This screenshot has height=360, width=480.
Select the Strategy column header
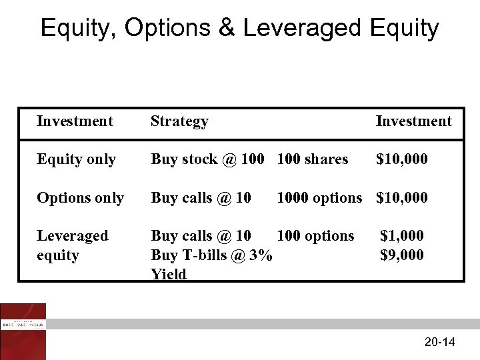[179, 121]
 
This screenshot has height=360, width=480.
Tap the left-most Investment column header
[75, 121]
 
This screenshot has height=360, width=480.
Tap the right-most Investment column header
[413, 121]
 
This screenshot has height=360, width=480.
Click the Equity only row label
[76, 159]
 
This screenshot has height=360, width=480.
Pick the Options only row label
[80, 198]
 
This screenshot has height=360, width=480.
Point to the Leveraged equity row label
[72, 245]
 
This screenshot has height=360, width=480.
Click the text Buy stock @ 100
[207, 159]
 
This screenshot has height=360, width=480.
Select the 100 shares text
[312, 159]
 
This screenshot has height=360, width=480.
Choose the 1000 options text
[319, 198]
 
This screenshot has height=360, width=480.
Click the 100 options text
[315, 236]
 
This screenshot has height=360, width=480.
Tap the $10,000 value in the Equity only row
[402, 159]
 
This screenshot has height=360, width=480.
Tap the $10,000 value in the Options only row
[402, 198]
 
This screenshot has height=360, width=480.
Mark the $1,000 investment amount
[402, 236]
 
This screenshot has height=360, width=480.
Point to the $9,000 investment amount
[402, 255]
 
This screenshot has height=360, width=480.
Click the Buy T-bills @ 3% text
[211, 255]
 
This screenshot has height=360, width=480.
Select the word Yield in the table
[169, 274]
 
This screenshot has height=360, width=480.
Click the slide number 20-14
[439, 343]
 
